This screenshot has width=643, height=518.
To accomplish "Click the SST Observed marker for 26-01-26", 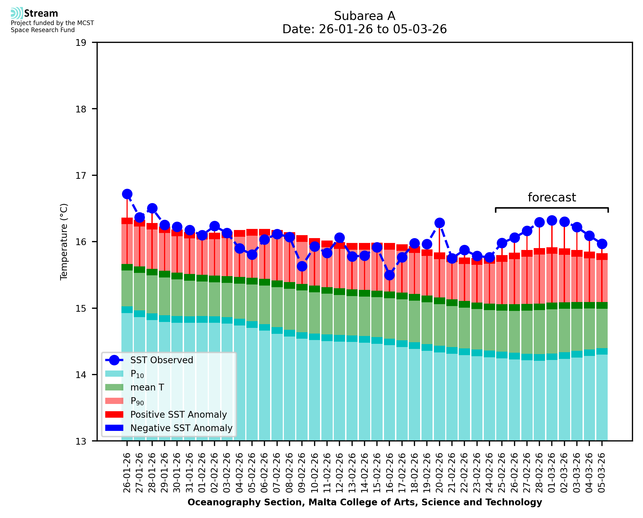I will (x=127, y=194).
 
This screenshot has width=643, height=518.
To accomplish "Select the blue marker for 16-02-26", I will (x=389, y=275).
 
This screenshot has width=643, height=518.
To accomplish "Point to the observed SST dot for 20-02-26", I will (x=439, y=223).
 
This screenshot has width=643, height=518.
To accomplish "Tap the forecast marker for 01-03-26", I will (x=552, y=221).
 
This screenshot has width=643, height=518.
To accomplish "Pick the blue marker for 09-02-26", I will (x=302, y=266).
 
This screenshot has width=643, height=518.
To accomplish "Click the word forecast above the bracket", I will (x=552, y=198).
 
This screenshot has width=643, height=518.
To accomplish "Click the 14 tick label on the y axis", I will (x=81, y=375).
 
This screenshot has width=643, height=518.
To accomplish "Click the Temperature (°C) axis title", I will (x=64, y=242).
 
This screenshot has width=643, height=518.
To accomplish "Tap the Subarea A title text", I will (x=365, y=16).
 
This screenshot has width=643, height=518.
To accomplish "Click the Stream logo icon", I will (x=17, y=13).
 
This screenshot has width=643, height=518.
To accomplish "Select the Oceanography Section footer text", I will (x=365, y=502).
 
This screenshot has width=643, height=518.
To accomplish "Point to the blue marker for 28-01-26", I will (x=152, y=208).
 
